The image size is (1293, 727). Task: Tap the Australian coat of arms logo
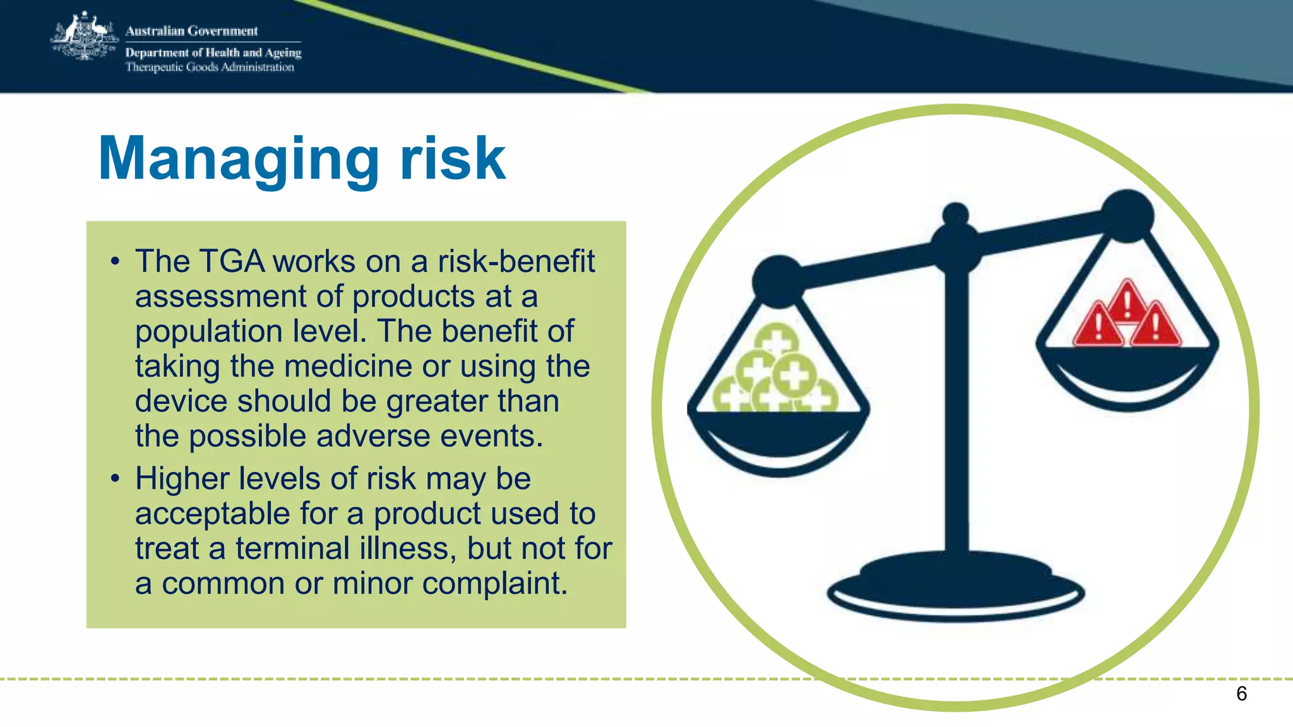(x=85, y=37)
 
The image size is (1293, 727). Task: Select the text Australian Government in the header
(x=191, y=31)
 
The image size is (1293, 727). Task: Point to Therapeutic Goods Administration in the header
(x=209, y=68)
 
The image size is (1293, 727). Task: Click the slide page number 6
(x=1241, y=694)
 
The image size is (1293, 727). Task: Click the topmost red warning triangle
(x=1128, y=302)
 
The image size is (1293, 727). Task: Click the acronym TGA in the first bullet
(x=232, y=261)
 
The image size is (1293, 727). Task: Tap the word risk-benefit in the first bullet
(x=516, y=261)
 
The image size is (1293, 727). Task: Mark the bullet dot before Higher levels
(x=114, y=478)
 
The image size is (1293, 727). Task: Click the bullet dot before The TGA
(x=114, y=261)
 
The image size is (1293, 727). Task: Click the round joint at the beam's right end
(x=1128, y=215)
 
